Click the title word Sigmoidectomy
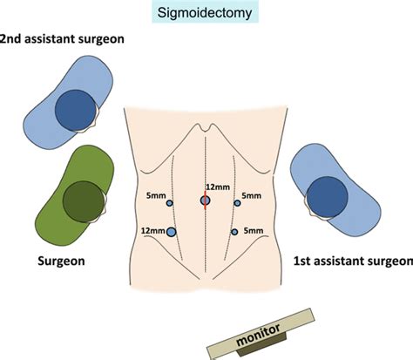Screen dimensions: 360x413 206,13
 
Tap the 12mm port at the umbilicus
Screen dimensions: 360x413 205,200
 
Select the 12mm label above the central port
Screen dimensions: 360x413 217,187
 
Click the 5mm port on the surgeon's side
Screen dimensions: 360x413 170,203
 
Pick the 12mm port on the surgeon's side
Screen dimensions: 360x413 171,231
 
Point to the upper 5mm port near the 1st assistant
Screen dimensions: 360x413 236,203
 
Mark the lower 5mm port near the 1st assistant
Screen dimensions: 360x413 235,231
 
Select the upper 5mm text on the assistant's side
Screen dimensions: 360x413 251,197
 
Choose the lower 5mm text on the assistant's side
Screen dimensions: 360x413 254,230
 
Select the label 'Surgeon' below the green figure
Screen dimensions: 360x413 60,261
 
